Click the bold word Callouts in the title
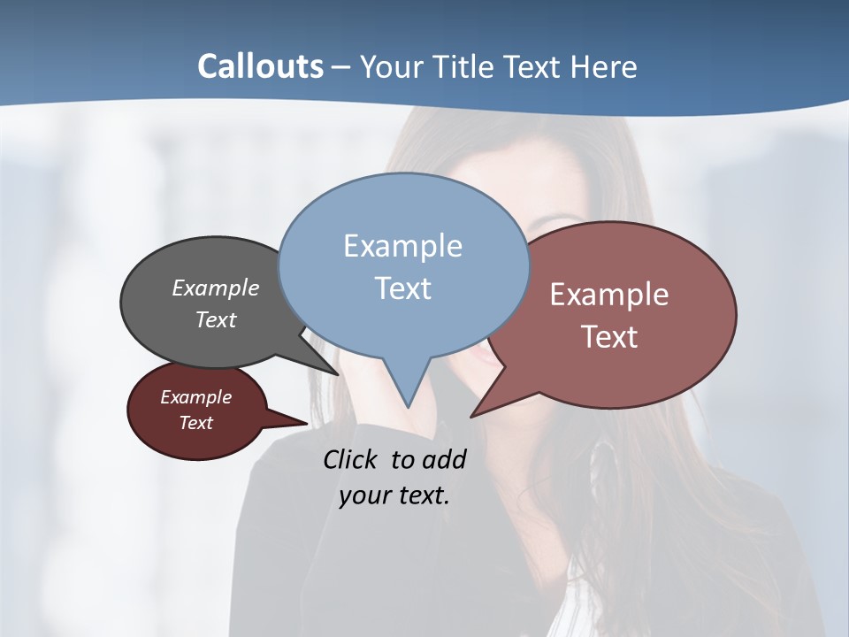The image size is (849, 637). [x=260, y=66]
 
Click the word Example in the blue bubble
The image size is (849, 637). [x=402, y=246]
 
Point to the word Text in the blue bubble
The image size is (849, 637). [x=402, y=288]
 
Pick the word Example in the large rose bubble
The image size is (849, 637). [x=609, y=295]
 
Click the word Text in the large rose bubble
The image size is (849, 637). [x=609, y=337]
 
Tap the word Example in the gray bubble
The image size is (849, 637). [x=216, y=288]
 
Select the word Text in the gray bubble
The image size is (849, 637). [x=216, y=319]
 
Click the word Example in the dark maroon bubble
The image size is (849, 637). [x=196, y=397]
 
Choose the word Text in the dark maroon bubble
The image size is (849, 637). [x=196, y=423]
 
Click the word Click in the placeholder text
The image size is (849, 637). [x=351, y=459]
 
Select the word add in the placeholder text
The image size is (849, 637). [x=443, y=459]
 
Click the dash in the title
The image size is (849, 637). [x=342, y=67]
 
